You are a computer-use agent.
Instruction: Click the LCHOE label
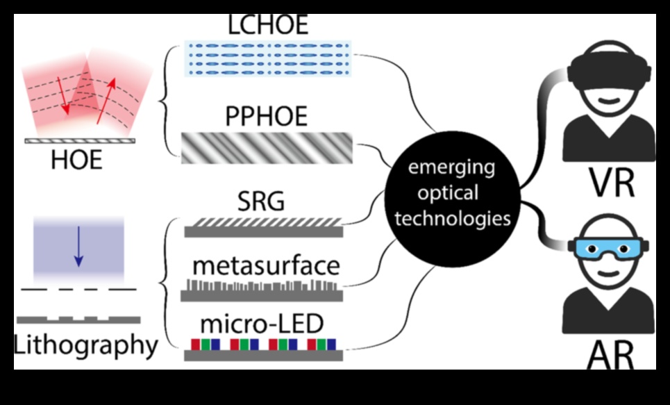[x=268, y=25]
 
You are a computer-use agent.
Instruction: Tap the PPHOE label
[x=267, y=117]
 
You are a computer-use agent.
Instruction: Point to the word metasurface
[x=267, y=265]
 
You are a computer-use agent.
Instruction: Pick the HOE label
[x=76, y=161]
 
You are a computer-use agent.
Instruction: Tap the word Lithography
[x=86, y=345]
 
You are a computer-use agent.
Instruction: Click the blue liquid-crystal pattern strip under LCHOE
[x=268, y=58]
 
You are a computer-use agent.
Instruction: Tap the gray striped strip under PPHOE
[x=267, y=147]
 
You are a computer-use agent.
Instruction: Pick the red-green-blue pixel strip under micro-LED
[x=263, y=345]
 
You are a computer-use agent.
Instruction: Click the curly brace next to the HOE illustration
[x=165, y=101]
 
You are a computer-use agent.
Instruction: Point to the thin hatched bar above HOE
[x=80, y=140]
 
